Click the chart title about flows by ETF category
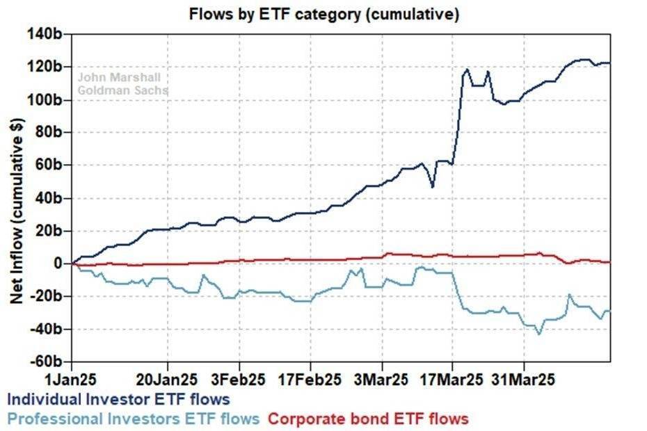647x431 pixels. [324, 14]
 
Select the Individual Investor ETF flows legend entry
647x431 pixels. [118, 400]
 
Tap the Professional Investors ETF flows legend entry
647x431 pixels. [133, 418]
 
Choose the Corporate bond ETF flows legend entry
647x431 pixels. [368, 418]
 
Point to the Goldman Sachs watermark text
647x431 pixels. [122, 90]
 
